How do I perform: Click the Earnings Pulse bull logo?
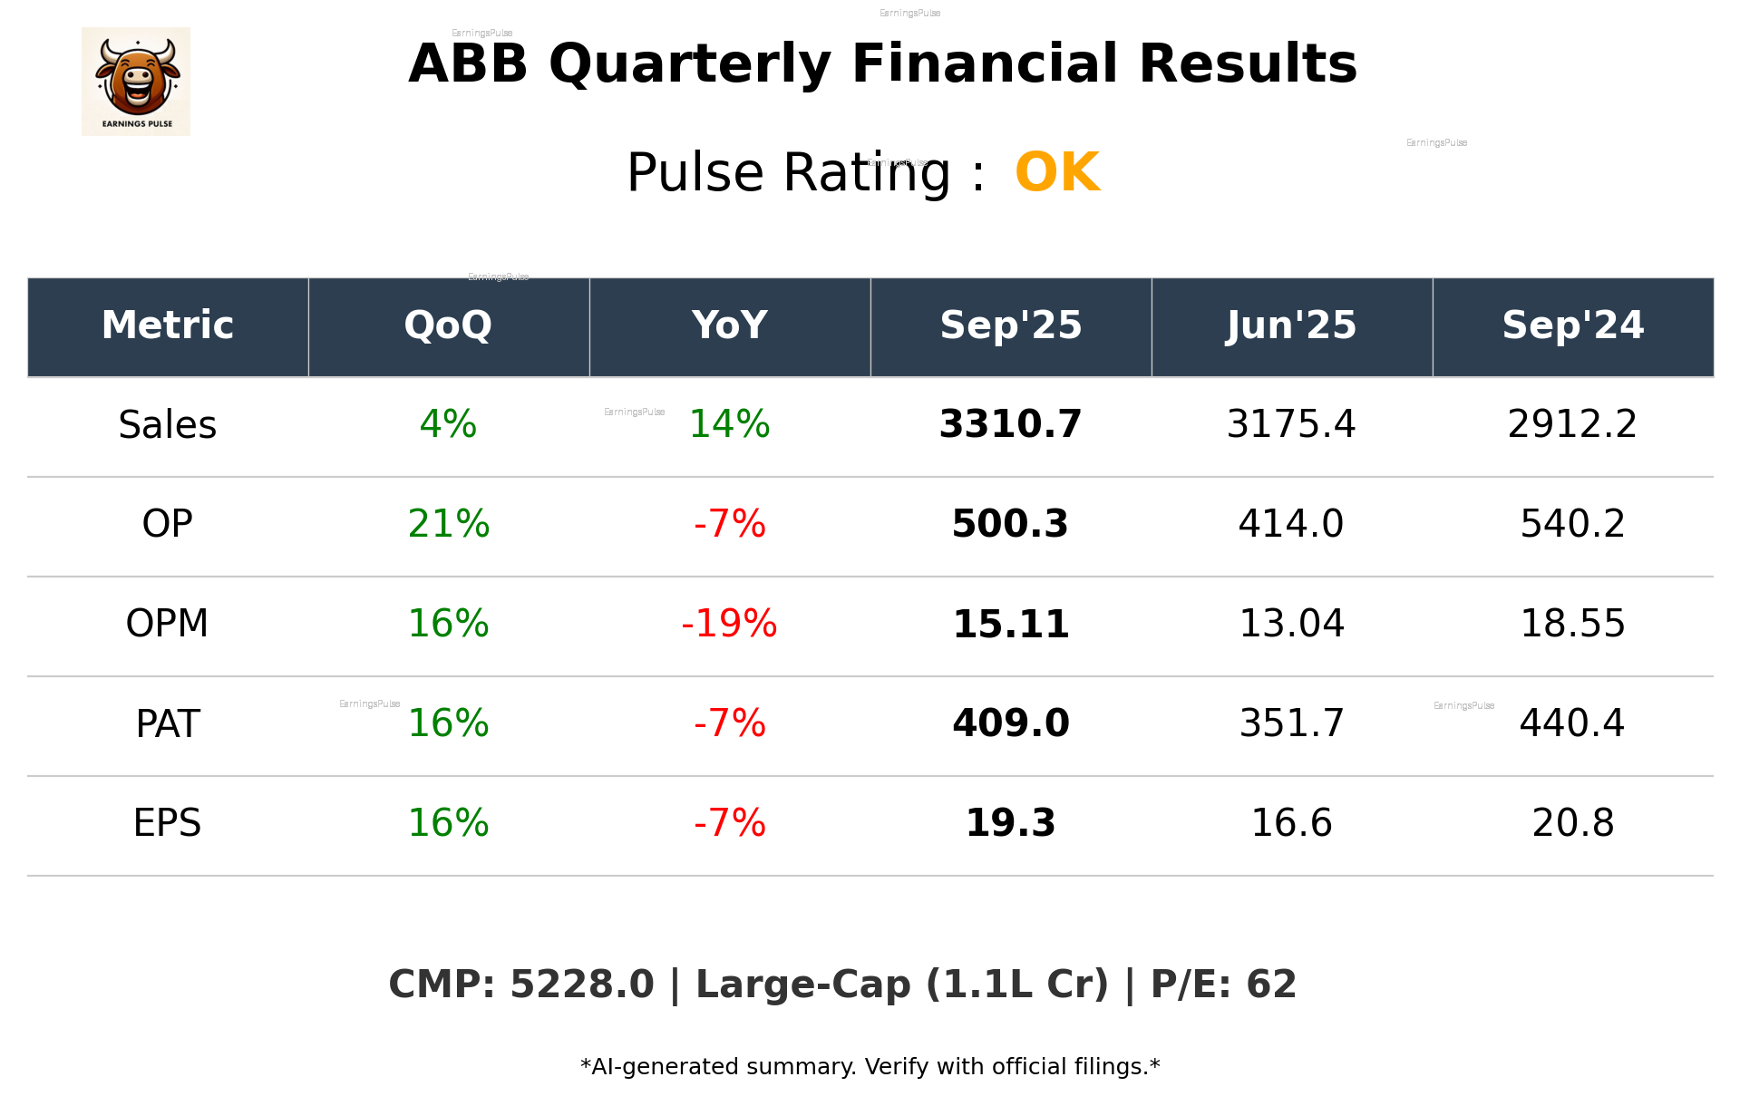point(136,81)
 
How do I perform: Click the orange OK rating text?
point(1056,172)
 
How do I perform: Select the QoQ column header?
point(448,325)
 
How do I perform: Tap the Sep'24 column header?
point(1572,325)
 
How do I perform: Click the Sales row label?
point(168,425)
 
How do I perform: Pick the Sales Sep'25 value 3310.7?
point(1010,425)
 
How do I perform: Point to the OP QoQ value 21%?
point(448,524)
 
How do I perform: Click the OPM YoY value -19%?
point(729,624)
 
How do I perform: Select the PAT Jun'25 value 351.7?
point(1291,723)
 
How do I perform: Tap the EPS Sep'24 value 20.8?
point(1572,823)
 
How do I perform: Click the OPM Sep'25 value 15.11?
point(1010,624)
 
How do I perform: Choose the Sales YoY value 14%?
point(729,425)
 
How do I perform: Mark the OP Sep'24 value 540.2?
point(1572,524)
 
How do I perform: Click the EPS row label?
point(168,823)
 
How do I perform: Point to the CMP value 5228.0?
point(581,985)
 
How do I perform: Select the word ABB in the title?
point(468,64)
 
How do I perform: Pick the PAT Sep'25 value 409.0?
point(1010,723)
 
